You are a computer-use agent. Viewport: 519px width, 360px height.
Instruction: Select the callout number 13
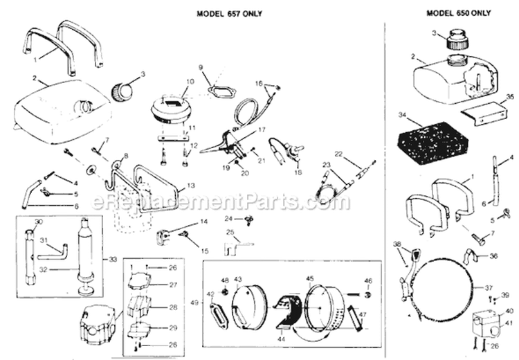pyautogui.click(x=191, y=186)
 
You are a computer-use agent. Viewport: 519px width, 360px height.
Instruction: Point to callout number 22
pyautogui.click(x=339, y=153)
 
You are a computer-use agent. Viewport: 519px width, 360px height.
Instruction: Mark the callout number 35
pyautogui.click(x=509, y=96)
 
